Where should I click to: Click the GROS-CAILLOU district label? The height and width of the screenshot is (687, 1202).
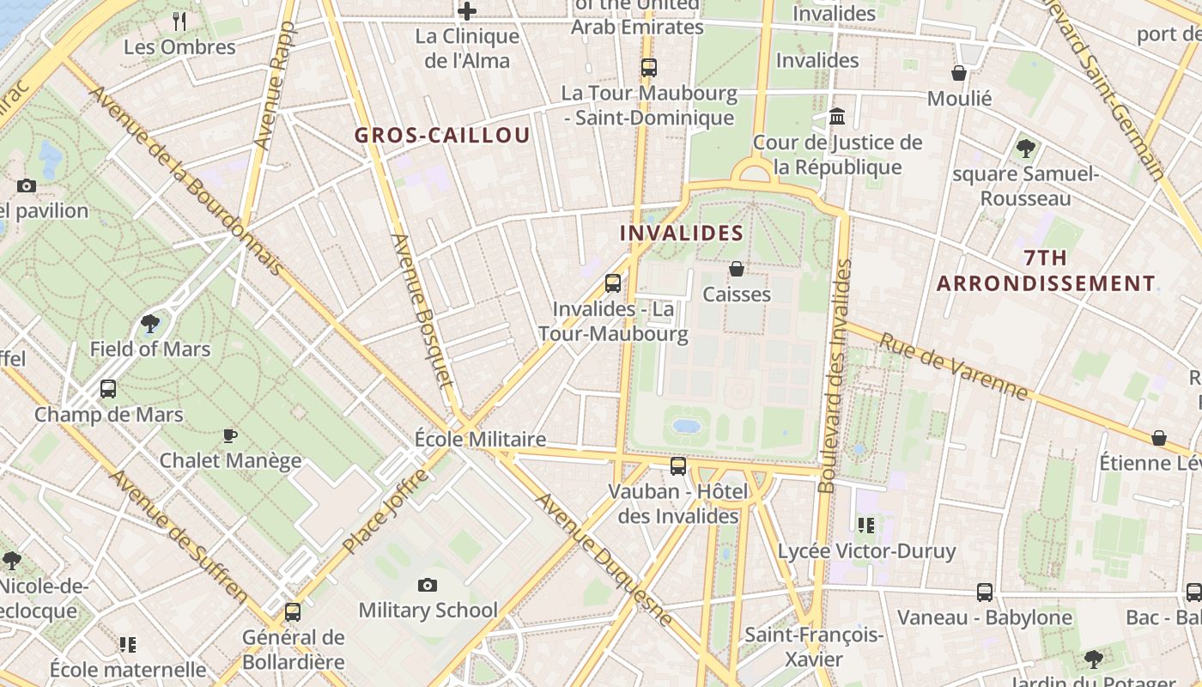point(442,136)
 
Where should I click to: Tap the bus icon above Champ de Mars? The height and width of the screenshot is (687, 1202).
point(108,389)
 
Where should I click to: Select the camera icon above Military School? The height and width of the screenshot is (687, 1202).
point(427,586)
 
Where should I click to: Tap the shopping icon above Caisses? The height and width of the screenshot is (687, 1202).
point(737,270)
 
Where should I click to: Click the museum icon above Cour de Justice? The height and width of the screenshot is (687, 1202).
point(837,116)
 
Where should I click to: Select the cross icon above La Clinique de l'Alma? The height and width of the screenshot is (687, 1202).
point(467,11)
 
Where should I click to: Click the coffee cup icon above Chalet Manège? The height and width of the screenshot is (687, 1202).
point(230,436)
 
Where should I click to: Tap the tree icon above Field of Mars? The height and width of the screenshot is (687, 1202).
point(150,324)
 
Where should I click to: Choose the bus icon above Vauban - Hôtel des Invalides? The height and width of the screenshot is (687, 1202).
point(678,466)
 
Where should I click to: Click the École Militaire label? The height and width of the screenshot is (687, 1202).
point(480,439)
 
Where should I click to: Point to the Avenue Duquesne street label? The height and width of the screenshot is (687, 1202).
point(604,558)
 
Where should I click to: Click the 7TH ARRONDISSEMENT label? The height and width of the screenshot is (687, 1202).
point(1046,271)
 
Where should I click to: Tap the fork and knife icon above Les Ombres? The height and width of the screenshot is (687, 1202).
point(179,21)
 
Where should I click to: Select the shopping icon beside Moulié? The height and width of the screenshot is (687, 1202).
point(959,74)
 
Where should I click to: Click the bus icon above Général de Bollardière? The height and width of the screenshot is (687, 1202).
point(293,612)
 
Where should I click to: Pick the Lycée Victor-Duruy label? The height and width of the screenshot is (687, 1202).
point(866,550)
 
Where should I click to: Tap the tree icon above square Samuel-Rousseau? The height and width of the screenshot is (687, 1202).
point(1025,149)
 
